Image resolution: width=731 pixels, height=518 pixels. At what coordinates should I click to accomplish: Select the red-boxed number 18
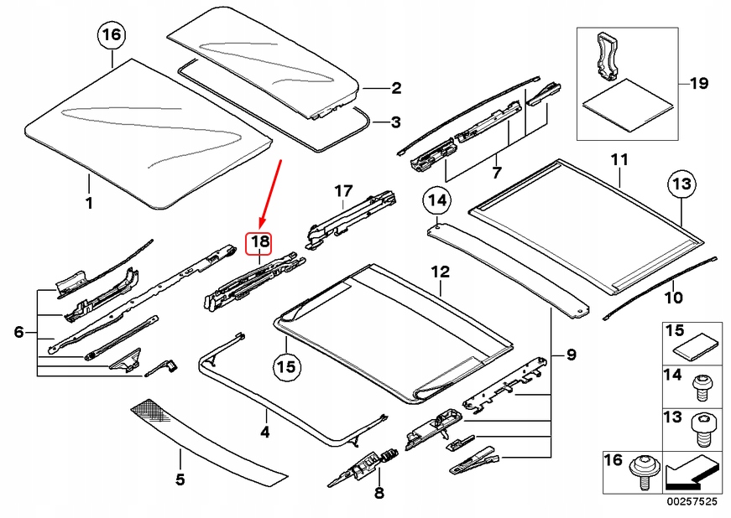click(259, 243)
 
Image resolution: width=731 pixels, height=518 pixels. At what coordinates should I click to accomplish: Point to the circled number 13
click(682, 184)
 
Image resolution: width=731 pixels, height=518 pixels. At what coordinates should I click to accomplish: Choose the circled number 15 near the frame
click(287, 366)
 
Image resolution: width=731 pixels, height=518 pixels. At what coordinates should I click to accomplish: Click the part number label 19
click(699, 84)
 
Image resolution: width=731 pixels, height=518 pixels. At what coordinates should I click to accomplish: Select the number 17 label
click(342, 192)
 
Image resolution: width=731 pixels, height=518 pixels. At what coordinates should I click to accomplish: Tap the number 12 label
click(441, 272)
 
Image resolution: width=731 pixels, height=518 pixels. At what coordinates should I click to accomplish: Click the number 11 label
click(619, 159)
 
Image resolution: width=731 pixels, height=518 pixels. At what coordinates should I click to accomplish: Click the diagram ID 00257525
click(693, 501)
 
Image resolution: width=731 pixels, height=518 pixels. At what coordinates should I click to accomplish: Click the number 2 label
click(395, 87)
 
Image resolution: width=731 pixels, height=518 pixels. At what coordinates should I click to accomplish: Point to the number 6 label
click(18, 333)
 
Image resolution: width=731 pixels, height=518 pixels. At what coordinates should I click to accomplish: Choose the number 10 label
click(673, 297)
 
